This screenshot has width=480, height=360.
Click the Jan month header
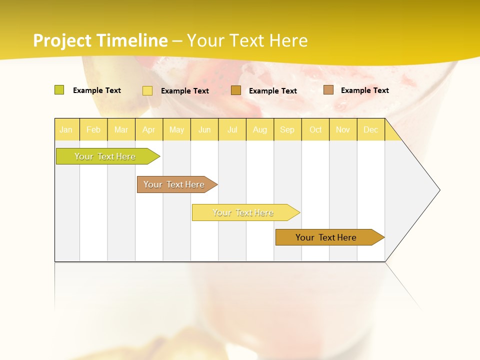(x=66, y=129)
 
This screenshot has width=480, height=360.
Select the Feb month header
(x=93, y=129)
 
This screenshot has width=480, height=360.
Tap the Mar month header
(x=121, y=129)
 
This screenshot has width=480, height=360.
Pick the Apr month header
(x=149, y=129)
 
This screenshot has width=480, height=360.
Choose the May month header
(x=176, y=129)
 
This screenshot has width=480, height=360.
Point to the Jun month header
(x=204, y=129)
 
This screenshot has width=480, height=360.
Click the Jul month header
(x=232, y=129)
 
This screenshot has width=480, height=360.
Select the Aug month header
(x=260, y=129)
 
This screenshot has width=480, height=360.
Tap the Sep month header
(x=287, y=129)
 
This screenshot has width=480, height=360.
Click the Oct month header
(x=315, y=129)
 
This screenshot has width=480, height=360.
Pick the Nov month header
(x=343, y=129)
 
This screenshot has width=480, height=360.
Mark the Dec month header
(x=371, y=129)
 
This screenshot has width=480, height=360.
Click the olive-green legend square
(x=59, y=90)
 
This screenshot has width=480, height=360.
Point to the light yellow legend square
(x=147, y=90)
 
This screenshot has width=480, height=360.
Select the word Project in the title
(x=63, y=40)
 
